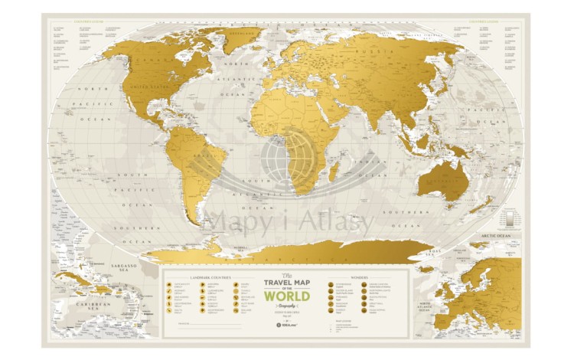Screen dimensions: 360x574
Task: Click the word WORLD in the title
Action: coord(288,296)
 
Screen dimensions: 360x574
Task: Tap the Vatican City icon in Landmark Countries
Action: coord(169,285)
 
